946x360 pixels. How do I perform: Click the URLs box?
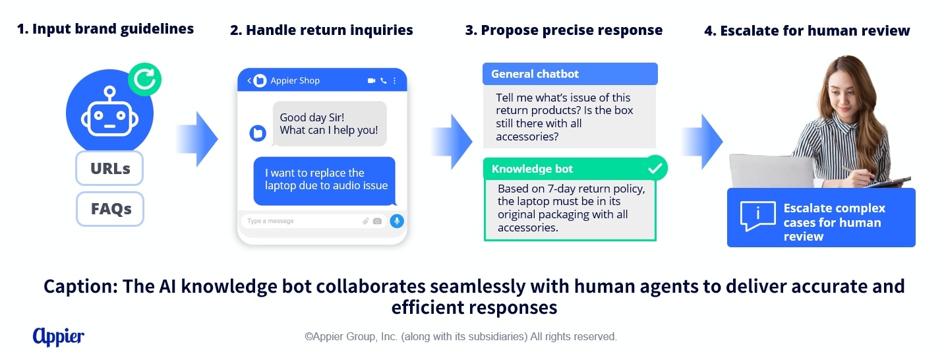coord(109,168)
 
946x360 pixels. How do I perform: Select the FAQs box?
coord(110,209)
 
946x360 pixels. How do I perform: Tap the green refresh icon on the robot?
coord(145,79)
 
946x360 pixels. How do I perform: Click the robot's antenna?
coord(110,95)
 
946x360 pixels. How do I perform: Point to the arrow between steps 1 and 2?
coord(197,139)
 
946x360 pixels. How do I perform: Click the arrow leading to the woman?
coord(702,142)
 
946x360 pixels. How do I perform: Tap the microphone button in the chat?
coord(397,221)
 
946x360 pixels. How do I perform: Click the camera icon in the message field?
coord(378,221)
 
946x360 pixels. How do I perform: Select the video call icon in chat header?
coord(371,80)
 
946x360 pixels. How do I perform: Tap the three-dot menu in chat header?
coord(394,80)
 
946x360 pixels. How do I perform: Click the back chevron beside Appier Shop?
coord(249,80)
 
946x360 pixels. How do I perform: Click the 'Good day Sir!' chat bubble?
coord(329,124)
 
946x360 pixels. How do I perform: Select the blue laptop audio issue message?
coord(324,181)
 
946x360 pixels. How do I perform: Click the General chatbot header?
coord(570,74)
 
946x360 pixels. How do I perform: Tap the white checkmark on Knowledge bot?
coord(655,169)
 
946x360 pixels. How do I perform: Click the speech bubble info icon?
coord(757,216)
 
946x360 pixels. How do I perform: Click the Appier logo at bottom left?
coord(58,337)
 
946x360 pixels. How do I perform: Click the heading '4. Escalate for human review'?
coord(807,30)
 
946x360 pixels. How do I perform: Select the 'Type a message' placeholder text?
coord(270,221)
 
